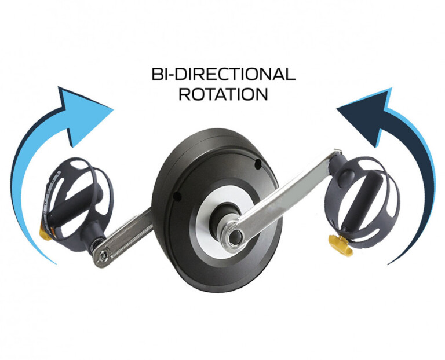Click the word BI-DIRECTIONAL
(x=223, y=74)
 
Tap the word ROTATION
(x=223, y=94)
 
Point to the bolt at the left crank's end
(x=103, y=253)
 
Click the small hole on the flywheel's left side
(x=177, y=199)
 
